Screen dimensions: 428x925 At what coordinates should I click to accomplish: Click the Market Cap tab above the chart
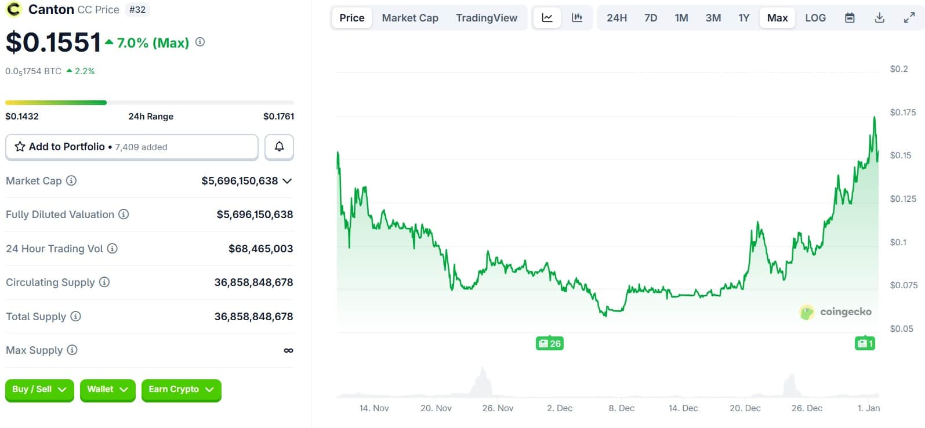pyautogui.click(x=410, y=18)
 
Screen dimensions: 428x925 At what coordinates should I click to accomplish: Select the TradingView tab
pyautogui.click(x=486, y=18)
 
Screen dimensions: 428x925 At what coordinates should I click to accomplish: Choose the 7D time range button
pyautogui.click(x=651, y=18)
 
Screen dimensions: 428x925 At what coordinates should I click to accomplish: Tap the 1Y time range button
pyautogui.click(x=744, y=18)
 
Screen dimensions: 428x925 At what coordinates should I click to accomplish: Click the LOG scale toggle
pyautogui.click(x=815, y=18)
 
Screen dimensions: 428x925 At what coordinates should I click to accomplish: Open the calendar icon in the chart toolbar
pyautogui.click(x=850, y=18)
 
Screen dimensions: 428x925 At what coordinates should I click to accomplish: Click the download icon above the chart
pyautogui.click(x=879, y=18)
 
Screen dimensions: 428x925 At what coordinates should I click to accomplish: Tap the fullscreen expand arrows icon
pyautogui.click(x=909, y=18)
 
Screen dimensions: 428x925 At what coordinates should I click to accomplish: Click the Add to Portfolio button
pyautogui.click(x=132, y=147)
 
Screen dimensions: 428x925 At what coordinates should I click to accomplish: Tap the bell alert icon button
pyautogui.click(x=279, y=147)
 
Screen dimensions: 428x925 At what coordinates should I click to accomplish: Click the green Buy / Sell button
pyautogui.click(x=39, y=389)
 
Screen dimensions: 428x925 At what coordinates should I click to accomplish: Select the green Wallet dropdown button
pyautogui.click(x=107, y=389)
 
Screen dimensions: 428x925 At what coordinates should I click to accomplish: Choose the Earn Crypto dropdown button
pyautogui.click(x=181, y=389)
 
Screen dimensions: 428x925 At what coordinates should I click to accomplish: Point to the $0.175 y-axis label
pyautogui.click(x=903, y=113)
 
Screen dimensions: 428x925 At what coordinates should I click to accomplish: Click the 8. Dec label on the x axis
pyautogui.click(x=621, y=408)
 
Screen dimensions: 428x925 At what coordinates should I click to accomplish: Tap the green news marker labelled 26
pyautogui.click(x=549, y=343)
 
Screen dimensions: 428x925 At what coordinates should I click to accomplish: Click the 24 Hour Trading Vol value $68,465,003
pyautogui.click(x=260, y=249)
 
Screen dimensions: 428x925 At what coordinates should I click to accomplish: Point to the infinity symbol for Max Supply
pyautogui.click(x=288, y=350)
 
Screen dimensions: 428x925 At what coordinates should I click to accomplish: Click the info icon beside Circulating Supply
pyautogui.click(x=104, y=282)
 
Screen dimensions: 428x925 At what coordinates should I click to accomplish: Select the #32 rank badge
pyautogui.click(x=137, y=10)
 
